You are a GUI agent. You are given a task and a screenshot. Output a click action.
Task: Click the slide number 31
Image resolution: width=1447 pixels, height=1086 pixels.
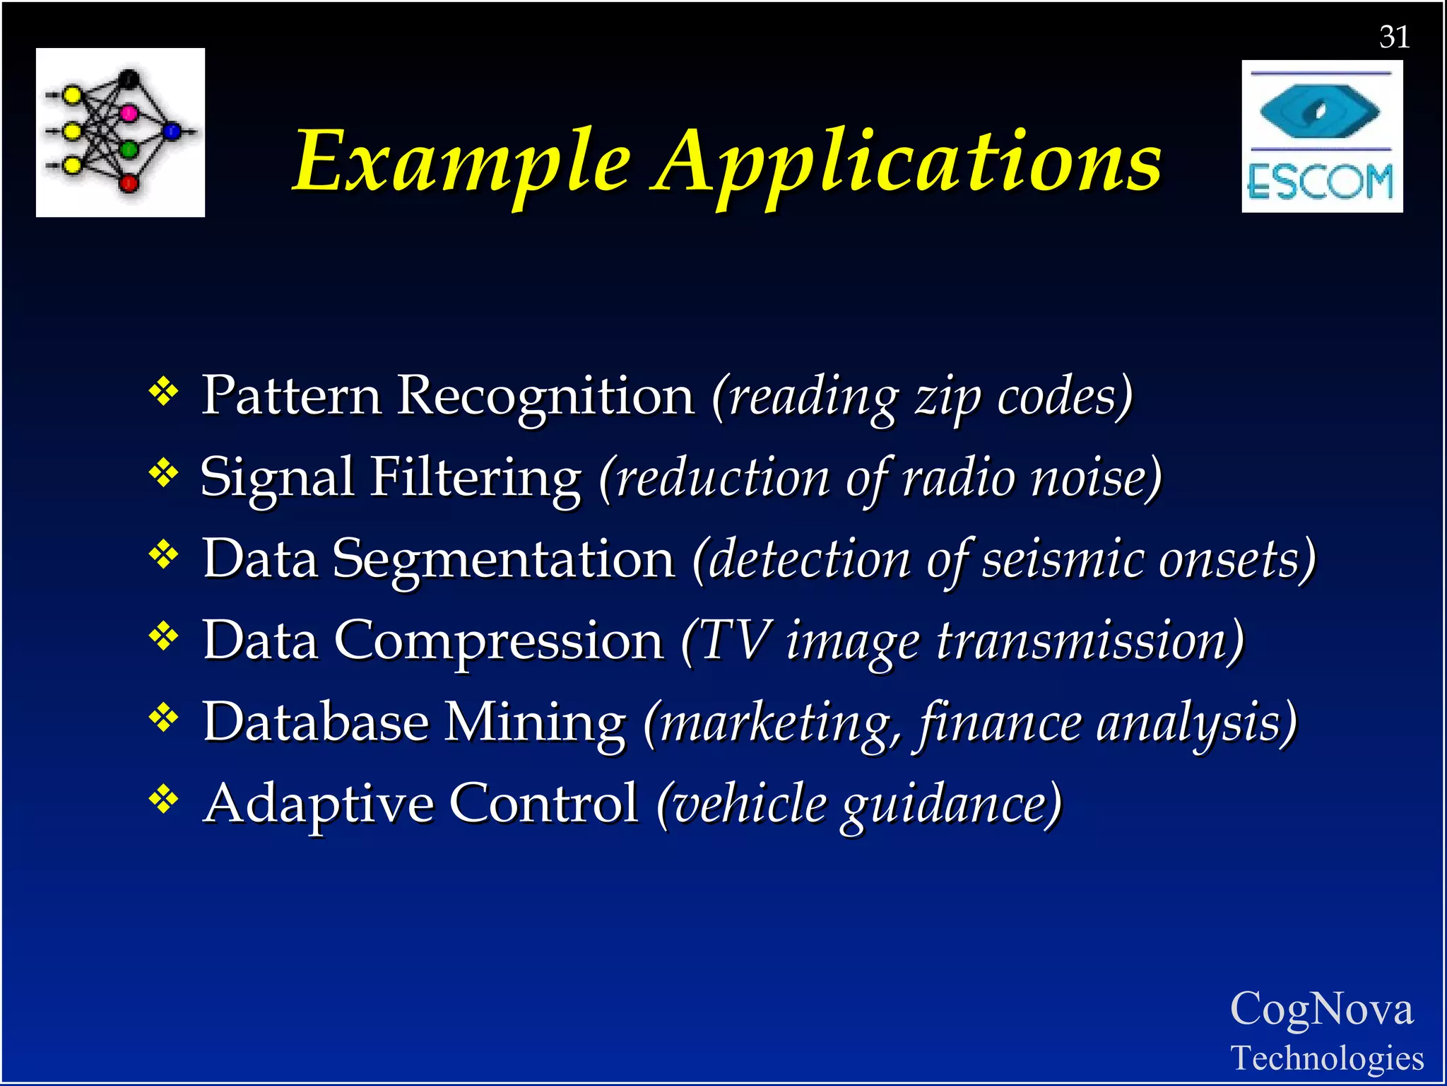pos(1394,37)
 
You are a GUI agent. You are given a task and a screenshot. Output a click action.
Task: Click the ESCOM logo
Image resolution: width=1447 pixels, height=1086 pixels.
pos(1322,136)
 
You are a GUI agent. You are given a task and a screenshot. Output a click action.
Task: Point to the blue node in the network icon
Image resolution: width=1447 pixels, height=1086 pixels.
pos(172,131)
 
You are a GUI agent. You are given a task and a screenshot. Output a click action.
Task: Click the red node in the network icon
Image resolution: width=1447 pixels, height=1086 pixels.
pos(129,183)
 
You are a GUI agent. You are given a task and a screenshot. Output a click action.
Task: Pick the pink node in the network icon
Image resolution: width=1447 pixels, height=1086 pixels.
pos(129,113)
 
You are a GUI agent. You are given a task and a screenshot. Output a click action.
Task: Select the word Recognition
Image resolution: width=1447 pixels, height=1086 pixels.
pos(545,397)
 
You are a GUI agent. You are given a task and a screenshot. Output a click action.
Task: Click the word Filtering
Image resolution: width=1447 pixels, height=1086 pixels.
pos(476,478)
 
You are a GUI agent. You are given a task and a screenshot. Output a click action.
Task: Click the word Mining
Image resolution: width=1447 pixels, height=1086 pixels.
pos(535,723)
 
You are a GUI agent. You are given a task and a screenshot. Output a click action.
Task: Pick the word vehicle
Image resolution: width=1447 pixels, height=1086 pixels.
pos(749,805)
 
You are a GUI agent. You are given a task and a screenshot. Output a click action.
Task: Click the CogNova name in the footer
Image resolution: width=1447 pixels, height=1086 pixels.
pos(1321,1009)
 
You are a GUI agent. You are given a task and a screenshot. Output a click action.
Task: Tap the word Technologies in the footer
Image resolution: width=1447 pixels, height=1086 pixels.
pos(1327,1058)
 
